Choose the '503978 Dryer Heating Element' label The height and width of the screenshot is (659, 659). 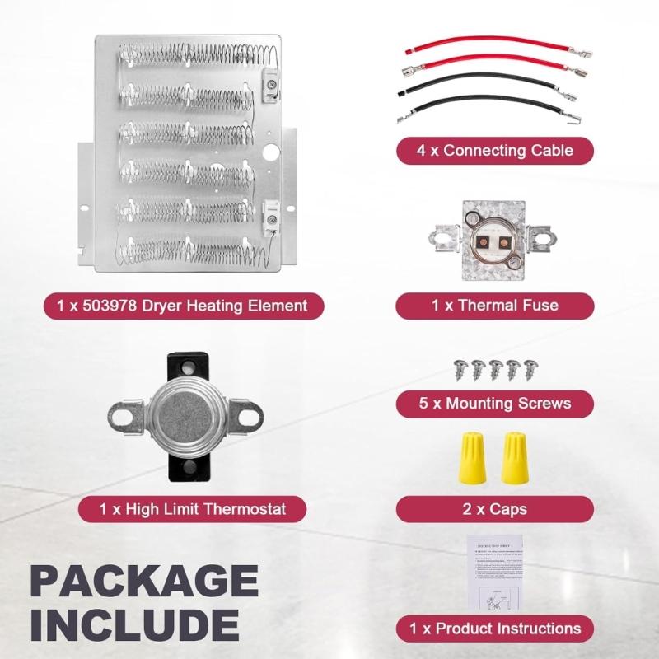(183, 306)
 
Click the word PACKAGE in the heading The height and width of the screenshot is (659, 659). (144, 582)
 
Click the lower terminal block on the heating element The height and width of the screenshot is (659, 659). (269, 216)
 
